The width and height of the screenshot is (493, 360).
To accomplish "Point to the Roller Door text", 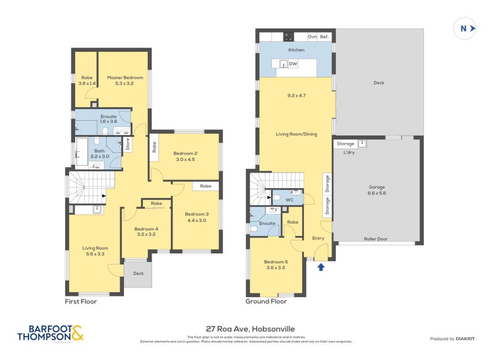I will pyautogui.click(x=375, y=238).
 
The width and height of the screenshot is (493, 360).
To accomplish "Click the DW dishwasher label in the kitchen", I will pyautogui.click(x=293, y=63).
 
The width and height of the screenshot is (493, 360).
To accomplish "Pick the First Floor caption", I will pyautogui.click(x=81, y=302).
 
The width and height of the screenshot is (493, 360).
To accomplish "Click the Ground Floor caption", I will pyautogui.click(x=266, y=302).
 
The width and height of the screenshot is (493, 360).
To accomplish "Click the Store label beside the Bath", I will pyautogui.click(x=128, y=145).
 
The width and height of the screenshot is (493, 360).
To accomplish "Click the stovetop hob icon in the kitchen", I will pyautogui.click(x=288, y=36).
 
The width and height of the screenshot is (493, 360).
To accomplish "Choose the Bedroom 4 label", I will pyautogui.click(x=147, y=231).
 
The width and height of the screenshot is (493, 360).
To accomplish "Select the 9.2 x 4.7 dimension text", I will pyautogui.click(x=296, y=96).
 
